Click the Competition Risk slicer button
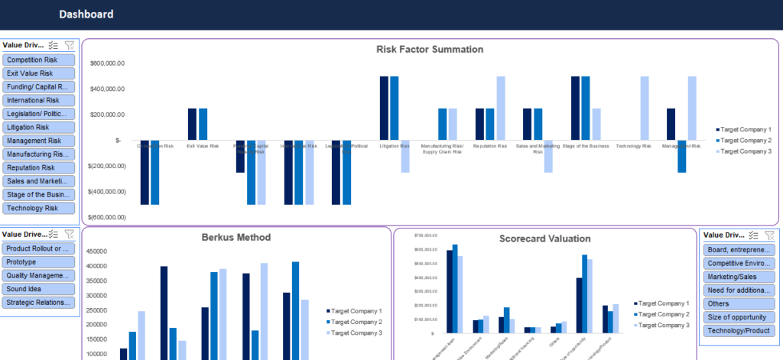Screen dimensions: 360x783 coord(39,60)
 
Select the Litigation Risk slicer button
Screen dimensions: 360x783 coord(39,128)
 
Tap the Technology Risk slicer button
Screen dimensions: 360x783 coord(39,208)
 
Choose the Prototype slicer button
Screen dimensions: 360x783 coord(39,262)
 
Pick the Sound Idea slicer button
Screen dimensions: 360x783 coord(39,289)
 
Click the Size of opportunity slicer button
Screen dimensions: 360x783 coord(738,317)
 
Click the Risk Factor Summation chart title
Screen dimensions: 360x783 coord(430,50)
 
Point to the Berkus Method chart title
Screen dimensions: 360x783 coord(236,237)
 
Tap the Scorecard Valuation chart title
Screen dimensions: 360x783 coord(544,238)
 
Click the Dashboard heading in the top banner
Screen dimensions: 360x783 coord(86,15)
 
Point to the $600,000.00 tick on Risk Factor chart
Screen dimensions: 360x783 coord(107,63)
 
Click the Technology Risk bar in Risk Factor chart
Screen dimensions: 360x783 coord(645,108)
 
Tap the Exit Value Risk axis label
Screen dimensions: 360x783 coord(203,145)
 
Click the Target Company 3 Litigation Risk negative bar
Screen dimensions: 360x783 coord(404,157)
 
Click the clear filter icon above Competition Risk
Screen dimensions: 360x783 coord(70,46)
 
